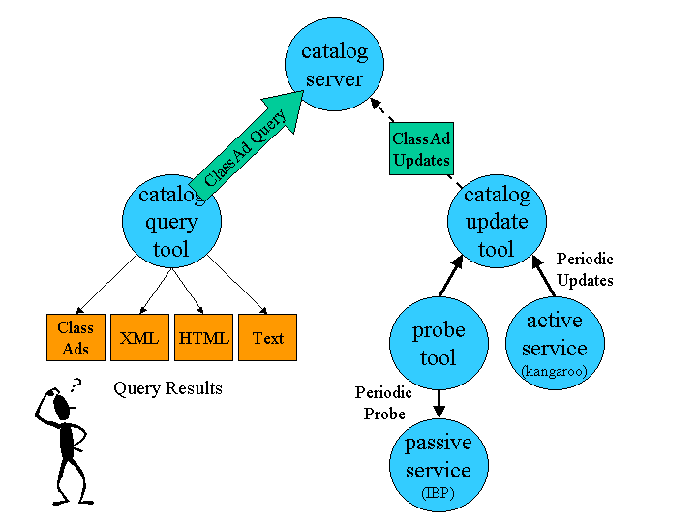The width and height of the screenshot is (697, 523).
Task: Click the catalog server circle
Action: [334, 64]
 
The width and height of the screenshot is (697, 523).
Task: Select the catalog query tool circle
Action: [171, 222]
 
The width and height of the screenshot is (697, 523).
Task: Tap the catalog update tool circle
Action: [497, 222]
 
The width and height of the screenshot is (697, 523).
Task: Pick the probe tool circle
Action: [438, 344]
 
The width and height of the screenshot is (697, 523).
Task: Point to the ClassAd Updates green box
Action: [421, 148]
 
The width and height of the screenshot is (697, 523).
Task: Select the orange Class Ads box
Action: [76, 338]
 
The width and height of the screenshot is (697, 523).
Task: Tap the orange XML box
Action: [139, 338]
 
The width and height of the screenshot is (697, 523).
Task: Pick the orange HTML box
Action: [203, 338]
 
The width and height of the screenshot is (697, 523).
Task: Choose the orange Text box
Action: [267, 338]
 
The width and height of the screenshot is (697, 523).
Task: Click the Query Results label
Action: [167, 388]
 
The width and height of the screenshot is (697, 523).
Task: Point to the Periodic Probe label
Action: [383, 403]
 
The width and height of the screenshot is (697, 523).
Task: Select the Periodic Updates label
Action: [585, 269]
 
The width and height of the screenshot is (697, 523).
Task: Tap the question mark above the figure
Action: [76, 385]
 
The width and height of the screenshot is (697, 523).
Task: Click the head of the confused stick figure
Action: [63, 408]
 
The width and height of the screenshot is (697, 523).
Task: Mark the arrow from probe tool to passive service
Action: [439, 404]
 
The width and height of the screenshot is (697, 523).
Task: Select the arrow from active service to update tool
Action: [544, 275]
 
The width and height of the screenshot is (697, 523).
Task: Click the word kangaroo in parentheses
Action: [555, 371]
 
